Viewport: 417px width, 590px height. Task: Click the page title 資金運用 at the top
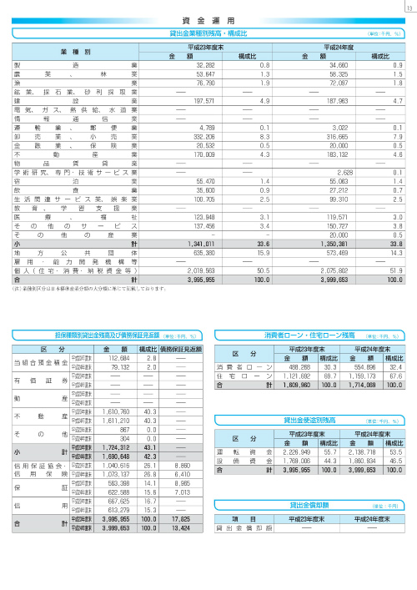(x=208, y=18)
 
